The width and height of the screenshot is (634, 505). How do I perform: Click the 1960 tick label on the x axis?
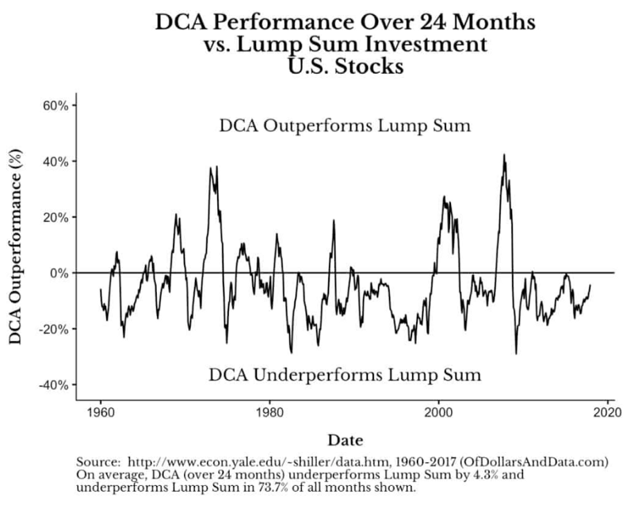click(x=101, y=413)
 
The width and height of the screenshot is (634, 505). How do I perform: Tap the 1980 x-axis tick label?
click(x=269, y=413)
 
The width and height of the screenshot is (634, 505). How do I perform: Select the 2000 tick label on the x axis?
click(x=439, y=413)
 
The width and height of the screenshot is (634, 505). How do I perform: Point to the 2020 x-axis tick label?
click(x=608, y=413)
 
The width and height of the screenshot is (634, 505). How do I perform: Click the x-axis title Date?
click(x=346, y=438)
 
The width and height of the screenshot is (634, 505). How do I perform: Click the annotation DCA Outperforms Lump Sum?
click(x=346, y=126)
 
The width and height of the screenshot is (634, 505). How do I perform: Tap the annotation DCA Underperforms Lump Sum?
click(x=346, y=374)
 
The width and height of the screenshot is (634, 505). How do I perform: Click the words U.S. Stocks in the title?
click(x=346, y=67)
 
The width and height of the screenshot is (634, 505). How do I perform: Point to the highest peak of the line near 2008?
click(x=504, y=155)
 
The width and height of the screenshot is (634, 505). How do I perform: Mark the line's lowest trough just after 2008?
click(x=516, y=353)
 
